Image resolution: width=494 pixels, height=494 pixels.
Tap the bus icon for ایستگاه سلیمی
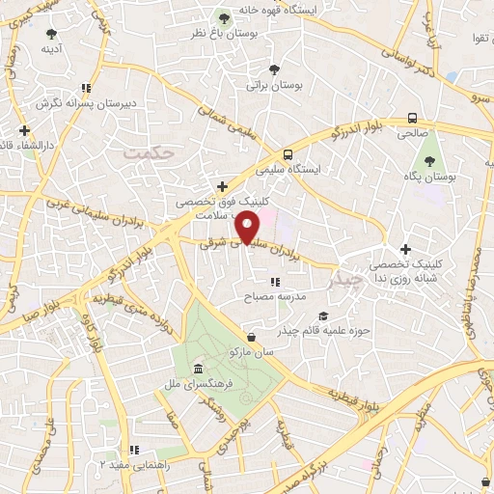click(x=288, y=154)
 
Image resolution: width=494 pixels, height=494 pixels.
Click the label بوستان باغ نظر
click(x=226, y=34)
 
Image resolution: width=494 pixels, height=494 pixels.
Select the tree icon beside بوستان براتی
click(x=275, y=69)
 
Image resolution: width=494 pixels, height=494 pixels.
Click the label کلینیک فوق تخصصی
click(x=209, y=203)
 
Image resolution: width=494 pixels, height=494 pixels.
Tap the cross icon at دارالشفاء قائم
click(x=24, y=130)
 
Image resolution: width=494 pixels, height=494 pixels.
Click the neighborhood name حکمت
click(x=153, y=151)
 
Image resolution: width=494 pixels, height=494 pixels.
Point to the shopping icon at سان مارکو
click(x=252, y=337)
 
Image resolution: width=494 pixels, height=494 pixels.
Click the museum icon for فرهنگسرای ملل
click(x=198, y=370)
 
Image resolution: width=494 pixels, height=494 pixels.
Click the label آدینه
click(x=49, y=47)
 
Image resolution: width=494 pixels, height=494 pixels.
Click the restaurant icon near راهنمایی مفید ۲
click(x=135, y=450)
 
